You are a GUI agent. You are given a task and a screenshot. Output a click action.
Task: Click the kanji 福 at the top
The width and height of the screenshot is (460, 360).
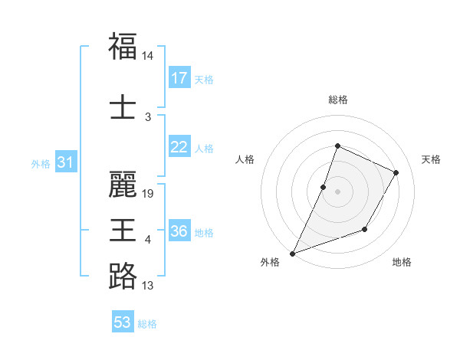(123, 46)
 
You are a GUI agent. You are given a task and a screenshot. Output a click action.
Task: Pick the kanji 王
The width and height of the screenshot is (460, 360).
(123, 231)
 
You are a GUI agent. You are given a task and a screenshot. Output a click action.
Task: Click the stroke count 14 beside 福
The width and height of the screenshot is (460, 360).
(148, 57)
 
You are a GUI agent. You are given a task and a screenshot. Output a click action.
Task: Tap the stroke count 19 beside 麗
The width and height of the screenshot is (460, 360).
(148, 194)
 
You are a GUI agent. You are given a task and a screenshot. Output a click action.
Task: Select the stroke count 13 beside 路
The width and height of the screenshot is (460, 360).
(148, 286)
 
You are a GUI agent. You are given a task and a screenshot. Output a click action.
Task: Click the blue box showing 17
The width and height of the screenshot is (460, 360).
(179, 78)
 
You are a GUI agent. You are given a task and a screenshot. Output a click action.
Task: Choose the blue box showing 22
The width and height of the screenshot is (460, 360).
(179, 147)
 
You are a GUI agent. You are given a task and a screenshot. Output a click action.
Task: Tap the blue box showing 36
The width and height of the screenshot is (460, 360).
(179, 231)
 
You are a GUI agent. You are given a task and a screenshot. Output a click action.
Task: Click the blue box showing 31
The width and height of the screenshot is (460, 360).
(65, 162)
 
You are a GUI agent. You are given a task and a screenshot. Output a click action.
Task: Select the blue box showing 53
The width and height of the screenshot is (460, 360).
(123, 322)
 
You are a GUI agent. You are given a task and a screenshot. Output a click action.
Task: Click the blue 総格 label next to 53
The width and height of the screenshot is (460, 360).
(147, 324)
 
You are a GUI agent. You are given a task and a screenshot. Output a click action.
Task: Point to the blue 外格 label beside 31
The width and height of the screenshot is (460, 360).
(41, 164)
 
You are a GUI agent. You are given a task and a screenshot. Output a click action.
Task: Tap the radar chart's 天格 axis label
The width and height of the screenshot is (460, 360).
(431, 159)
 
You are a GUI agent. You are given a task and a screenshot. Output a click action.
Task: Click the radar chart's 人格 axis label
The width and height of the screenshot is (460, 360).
(245, 159)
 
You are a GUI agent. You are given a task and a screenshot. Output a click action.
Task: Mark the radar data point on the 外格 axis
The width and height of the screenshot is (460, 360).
(292, 253)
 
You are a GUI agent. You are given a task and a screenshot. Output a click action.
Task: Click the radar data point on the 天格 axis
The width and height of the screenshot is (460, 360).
(396, 172)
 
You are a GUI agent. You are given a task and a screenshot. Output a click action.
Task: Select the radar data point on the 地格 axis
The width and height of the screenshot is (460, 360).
(365, 229)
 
